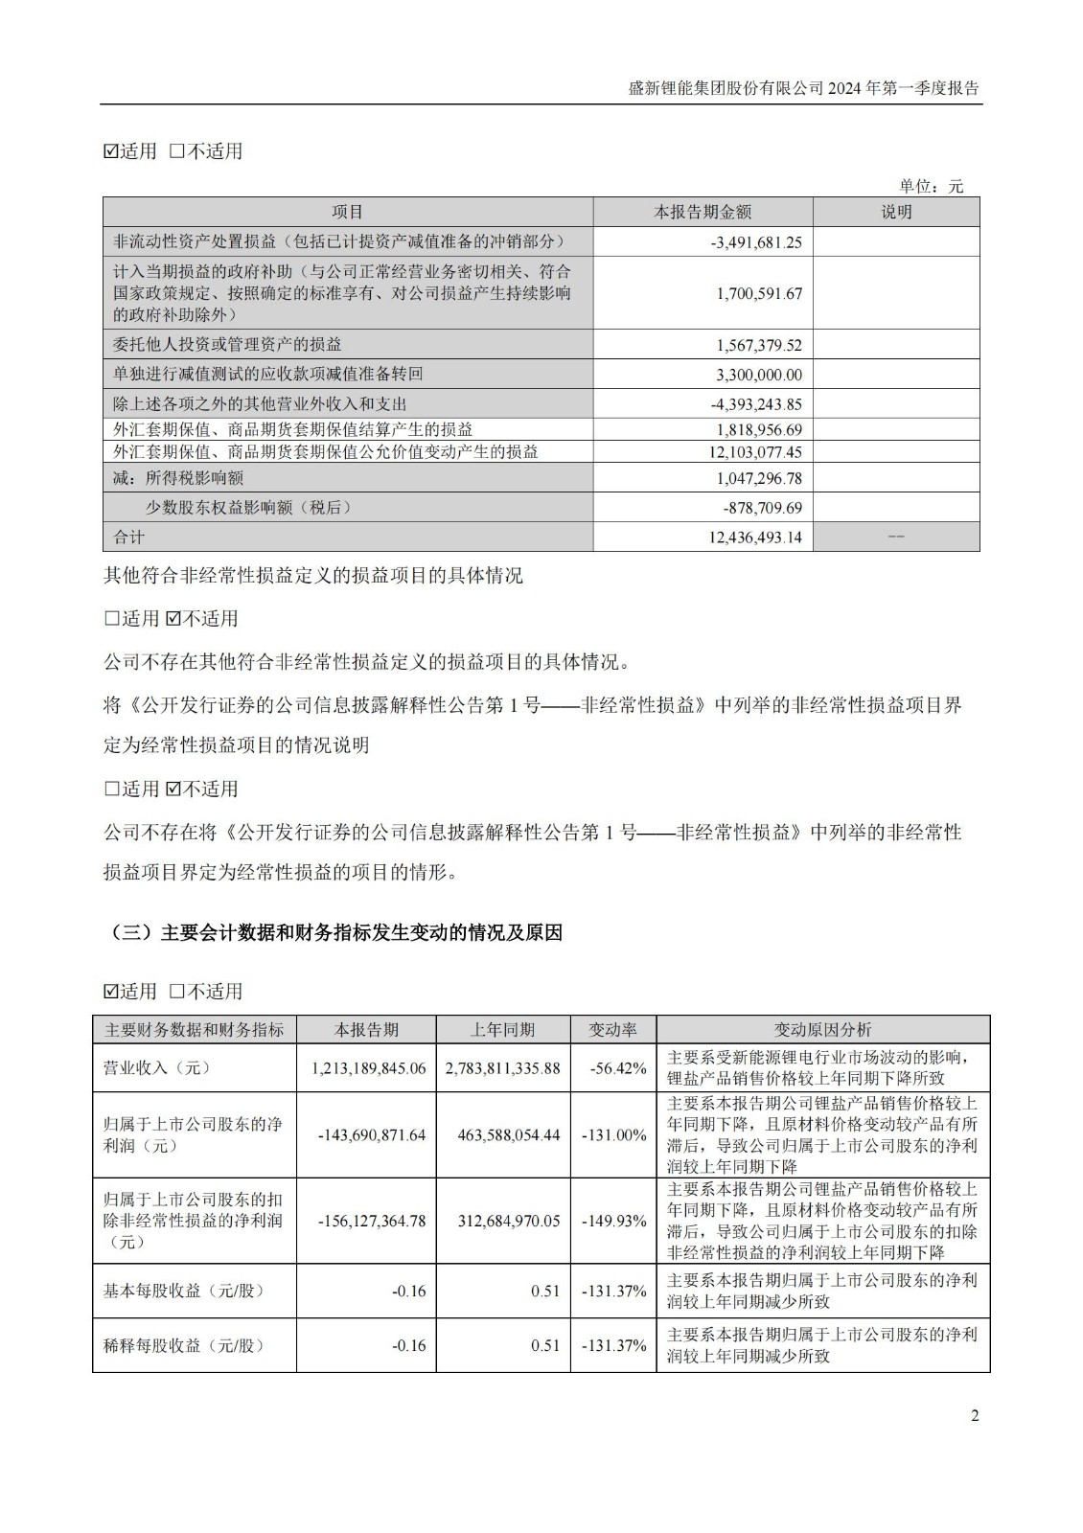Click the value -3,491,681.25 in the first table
[x=756, y=242]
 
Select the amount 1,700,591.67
[x=758, y=293]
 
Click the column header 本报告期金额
[x=703, y=213]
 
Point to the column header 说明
[x=896, y=213]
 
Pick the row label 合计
[x=128, y=537]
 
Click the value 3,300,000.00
[x=758, y=375]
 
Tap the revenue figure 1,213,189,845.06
[x=369, y=1068]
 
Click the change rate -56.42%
[x=613, y=1068]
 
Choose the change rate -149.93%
[x=613, y=1222]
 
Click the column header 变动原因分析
[x=822, y=1030]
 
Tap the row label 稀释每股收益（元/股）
[x=183, y=1345]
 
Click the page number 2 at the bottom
[x=975, y=1417]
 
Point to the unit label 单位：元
[x=931, y=187]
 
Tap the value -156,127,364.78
[x=371, y=1222]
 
